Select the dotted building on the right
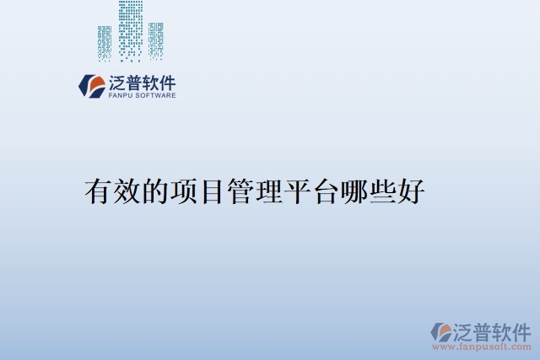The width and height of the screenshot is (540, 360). (156, 40)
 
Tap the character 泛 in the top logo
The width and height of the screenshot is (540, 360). (117, 83)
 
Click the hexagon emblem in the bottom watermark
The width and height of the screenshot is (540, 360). (440, 331)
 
